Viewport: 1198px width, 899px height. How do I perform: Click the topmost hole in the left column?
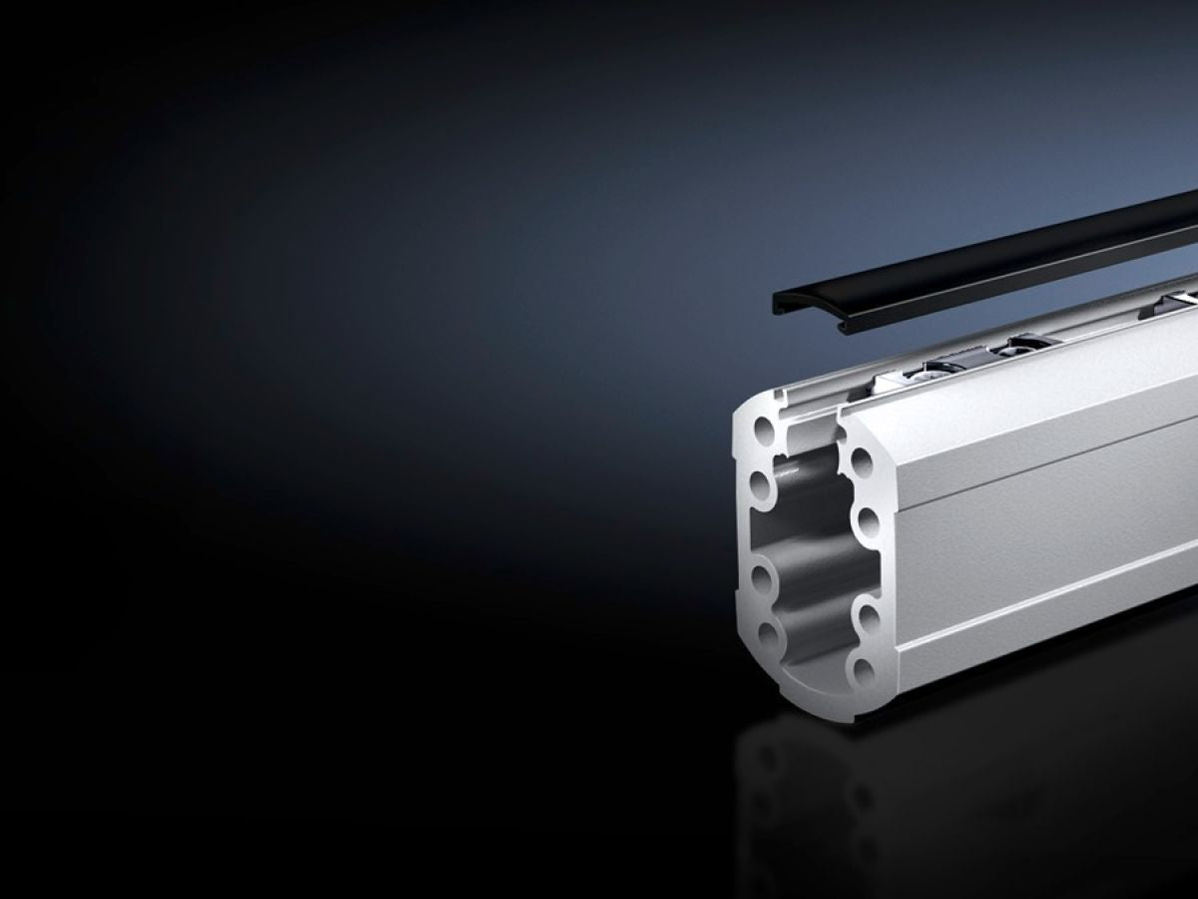[764, 433]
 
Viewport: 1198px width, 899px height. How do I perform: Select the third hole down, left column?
[764, 577]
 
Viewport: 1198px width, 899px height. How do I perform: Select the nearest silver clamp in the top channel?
[938, 370]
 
